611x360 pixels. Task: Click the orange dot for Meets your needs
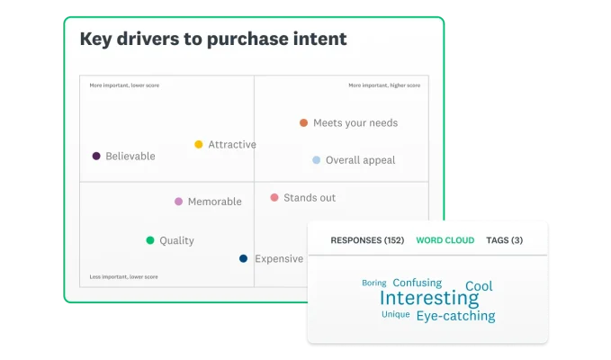coord(303,122)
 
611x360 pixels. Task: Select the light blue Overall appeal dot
coord(316,160)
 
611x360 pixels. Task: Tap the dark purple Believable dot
coord(96,156)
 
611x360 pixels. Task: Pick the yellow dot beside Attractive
coord(199,144)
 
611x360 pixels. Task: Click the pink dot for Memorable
coord(178,202)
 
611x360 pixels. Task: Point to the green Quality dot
coord(150,240)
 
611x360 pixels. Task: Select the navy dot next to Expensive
coord(243,258)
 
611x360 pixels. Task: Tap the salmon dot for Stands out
coord(274,197)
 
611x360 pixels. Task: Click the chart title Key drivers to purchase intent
coord(213,40)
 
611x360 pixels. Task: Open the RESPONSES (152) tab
coord(367,240)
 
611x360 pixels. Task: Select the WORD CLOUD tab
coord(445,240)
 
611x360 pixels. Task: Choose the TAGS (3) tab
coord(504,240)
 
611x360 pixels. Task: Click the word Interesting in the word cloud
coord(429,298)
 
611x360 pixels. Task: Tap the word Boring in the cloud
coord(373,283)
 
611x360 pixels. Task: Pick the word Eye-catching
coord(455,316)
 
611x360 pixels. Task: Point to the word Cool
coord(479,286)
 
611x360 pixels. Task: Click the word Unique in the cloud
coord(395,314)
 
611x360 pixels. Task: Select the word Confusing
coord(417,283)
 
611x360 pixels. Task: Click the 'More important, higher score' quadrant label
coord(384,85)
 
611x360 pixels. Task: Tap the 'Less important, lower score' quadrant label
coord(118,276)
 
